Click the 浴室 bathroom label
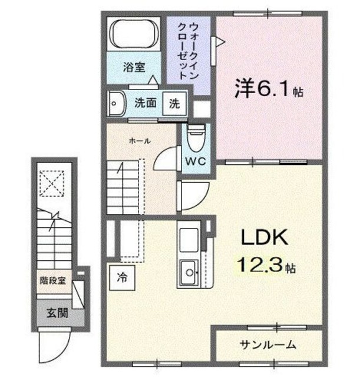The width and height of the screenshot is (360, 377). [134, 68]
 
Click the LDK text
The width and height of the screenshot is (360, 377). [263, 238]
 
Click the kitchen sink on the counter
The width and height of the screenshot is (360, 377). [189, 272]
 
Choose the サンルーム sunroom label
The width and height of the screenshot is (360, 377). [267, 344]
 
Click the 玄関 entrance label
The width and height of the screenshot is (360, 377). [58, 312]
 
